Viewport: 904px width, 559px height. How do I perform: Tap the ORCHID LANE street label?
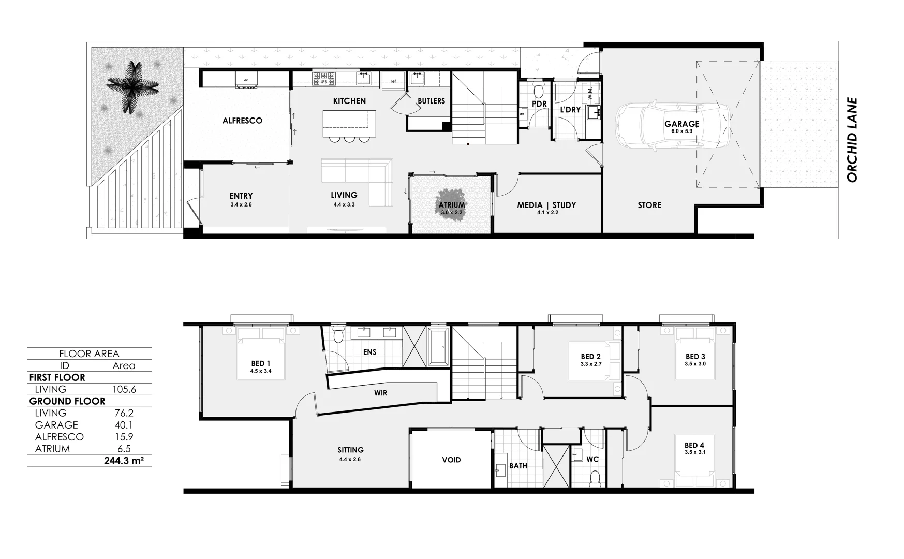pos(852,140)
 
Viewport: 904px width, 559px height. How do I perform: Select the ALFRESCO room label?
pos(242,121)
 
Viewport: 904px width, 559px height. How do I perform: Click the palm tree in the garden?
pos(132,87)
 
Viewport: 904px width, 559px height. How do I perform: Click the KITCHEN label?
pos(349,101)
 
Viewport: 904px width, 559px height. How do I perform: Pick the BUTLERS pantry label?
pos(431,101)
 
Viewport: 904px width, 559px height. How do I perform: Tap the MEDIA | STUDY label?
pos(546,205)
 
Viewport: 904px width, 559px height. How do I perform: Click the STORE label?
pos(649,205)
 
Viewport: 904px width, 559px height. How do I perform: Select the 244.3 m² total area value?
pos(124,460)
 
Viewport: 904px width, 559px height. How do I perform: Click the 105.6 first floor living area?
pos(124,389)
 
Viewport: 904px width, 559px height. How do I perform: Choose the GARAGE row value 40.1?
pos(124,425)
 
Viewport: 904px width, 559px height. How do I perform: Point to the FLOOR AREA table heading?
pos(89,354)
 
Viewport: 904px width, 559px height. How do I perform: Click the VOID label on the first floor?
pos(451,460)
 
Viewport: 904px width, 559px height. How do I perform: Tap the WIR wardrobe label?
pos(380,393)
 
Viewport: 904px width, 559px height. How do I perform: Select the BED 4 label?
pos(694,445)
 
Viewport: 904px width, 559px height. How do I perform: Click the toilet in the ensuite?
pos(338,336)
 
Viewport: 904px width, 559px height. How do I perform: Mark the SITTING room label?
pos(350,450)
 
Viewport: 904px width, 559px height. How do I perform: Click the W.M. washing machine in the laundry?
pos(590,94)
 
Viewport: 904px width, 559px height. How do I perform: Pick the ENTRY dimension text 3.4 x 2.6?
pos(241,205)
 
